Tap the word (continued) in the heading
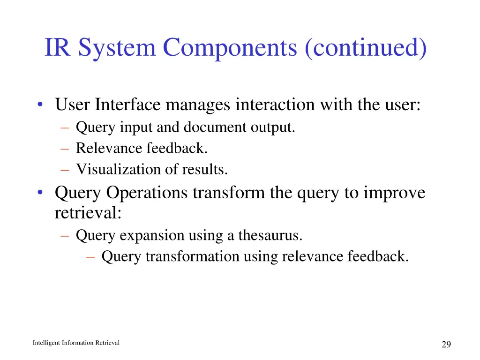pos(366,48)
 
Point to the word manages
pos(198,105)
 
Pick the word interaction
pos(275,104)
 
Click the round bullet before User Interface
pos(41,105)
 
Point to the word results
pos(208,169)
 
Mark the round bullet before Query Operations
pos(41,193)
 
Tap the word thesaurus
pos(270,235)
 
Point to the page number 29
pos(446,345)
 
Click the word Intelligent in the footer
pos(47,343)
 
